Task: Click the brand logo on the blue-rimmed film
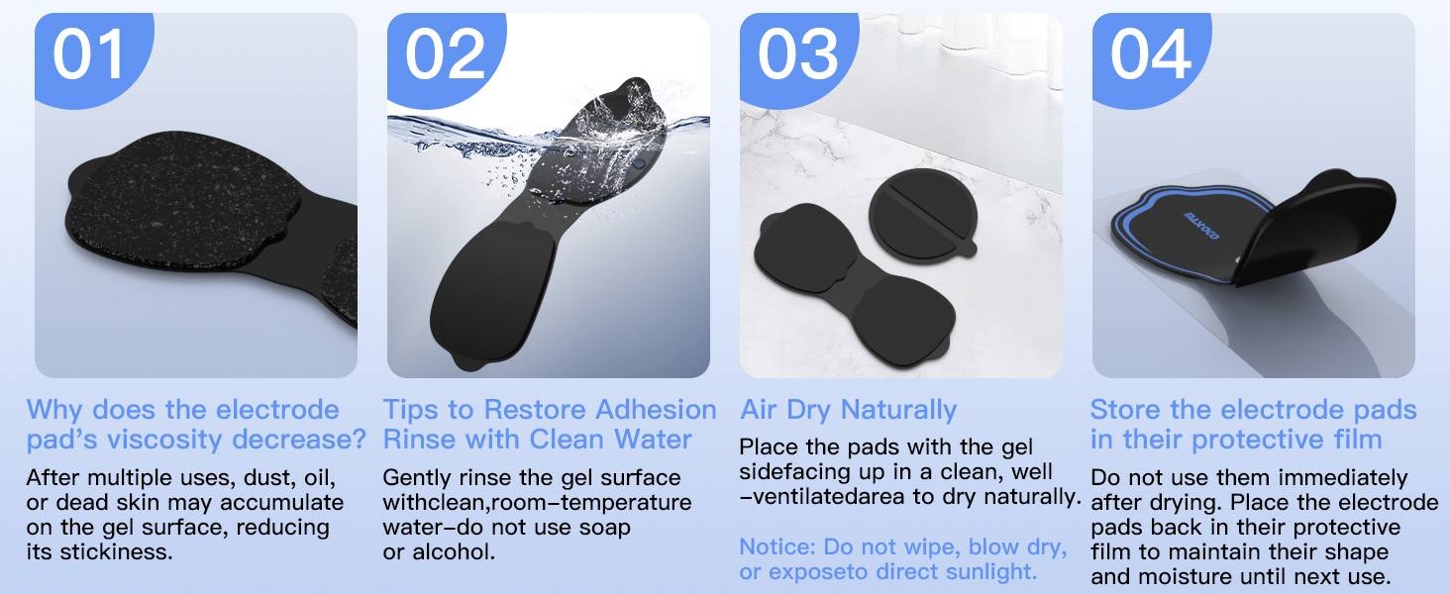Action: click(1201, 226)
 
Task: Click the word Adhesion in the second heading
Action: click(656, 410)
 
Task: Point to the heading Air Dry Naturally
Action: click(848, 410)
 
